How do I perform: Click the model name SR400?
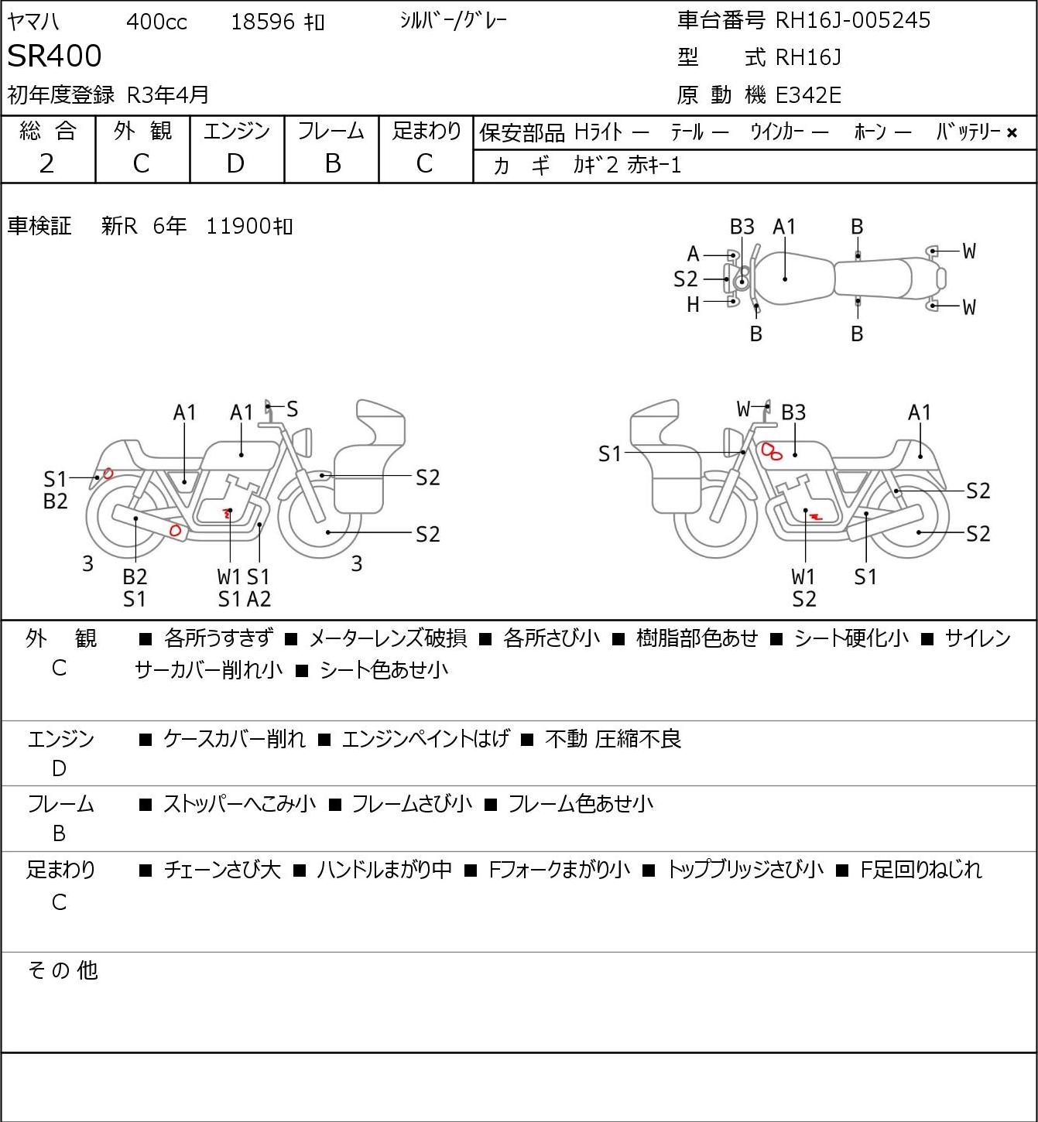pos(54,56)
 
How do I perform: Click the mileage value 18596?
pos(263,22)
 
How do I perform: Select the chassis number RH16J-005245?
pos(852,20)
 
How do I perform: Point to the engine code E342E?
pos(808,95)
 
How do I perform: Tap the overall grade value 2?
pos(47,164)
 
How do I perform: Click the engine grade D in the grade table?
pos(235,164)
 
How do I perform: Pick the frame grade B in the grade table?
pos(332,164)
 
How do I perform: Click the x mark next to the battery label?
pos(1012,133)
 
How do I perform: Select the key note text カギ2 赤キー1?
pos(627,166)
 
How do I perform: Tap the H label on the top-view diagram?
pos(693,305)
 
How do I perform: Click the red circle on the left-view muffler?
pos(175,531)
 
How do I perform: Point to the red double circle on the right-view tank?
pos(771,451)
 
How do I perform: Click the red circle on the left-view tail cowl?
pos(108,474)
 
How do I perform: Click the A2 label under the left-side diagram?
pos(259,599)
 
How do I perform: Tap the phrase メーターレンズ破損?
pos(388,638)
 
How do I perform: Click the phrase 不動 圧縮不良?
pos(613,738)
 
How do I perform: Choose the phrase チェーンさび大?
pos(222,870)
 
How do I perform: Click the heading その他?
pos(63,970)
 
